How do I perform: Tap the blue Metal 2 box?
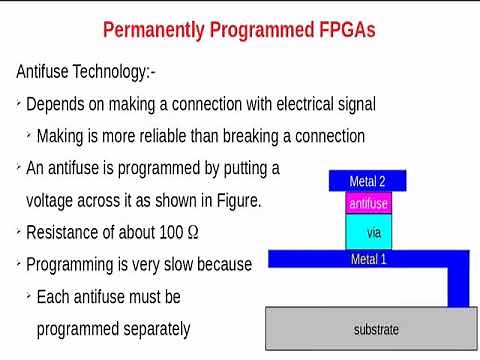367,181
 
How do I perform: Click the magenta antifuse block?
368,204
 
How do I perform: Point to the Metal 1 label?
368,259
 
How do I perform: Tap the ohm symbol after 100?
193,233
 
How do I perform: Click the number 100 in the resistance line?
169,233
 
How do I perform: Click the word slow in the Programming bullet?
190,265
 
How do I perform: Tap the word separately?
150,329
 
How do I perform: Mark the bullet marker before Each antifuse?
29,297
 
